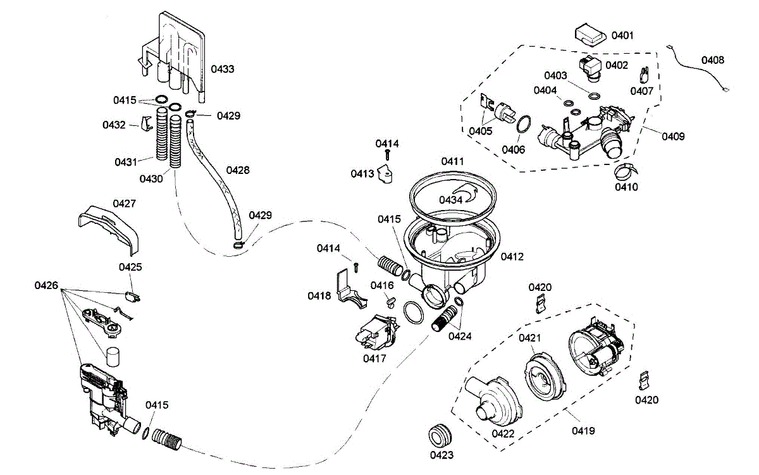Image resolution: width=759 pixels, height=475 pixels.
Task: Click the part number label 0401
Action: coord(622,35)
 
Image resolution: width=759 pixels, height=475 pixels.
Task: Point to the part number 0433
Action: coord(222,69)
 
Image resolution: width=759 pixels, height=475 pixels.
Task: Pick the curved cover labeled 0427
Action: coord(108,230)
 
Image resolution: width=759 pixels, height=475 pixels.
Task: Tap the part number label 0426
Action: coord(46,286)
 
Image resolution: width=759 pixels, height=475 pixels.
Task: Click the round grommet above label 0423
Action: coord(440,436)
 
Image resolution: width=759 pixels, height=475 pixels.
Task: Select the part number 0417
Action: coord(374,359)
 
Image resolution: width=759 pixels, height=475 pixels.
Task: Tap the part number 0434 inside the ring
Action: coord(450,200)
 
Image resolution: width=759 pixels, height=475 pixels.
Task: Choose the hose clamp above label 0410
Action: coord(626,172)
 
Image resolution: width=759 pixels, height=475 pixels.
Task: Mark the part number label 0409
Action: coord(673,137)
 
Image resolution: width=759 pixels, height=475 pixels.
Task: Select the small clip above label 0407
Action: coord(644,75)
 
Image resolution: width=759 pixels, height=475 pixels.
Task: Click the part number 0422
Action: coord(503,434)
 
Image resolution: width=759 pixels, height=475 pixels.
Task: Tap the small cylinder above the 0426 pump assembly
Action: coord(113,357)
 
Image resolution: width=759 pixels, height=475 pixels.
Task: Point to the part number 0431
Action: coord(126,163)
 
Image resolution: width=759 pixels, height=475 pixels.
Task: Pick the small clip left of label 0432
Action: coord(146,123)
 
